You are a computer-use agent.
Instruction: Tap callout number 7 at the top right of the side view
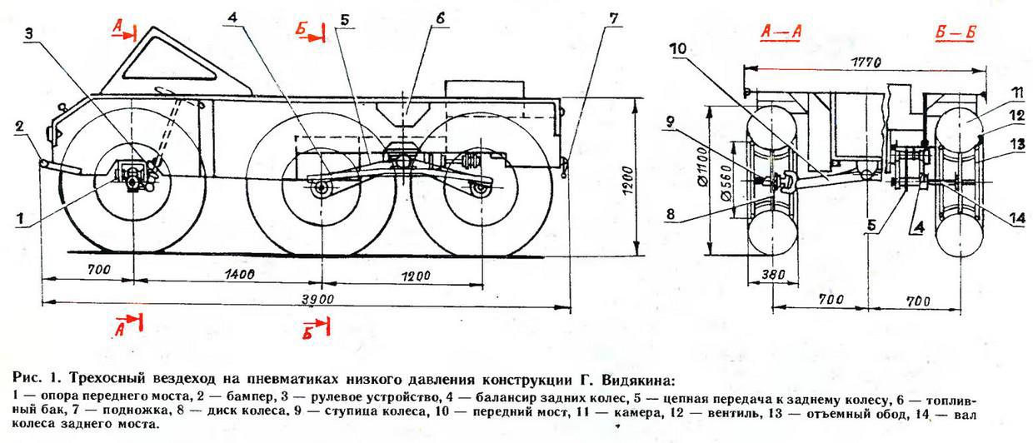(x=614, y=18)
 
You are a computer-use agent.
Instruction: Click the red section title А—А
(x=781, y=32)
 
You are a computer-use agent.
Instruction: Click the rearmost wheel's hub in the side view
(x=479, y=190)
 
